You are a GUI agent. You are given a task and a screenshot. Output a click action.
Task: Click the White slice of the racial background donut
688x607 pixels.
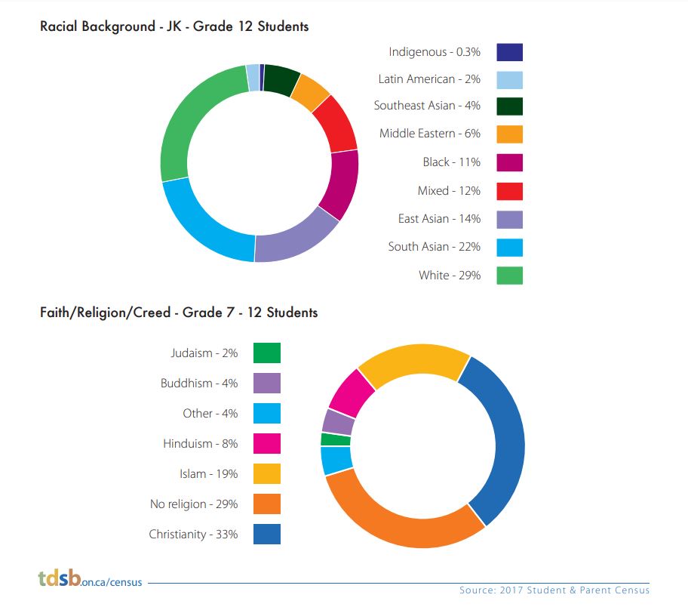pyautogui.click(x=184, y=119)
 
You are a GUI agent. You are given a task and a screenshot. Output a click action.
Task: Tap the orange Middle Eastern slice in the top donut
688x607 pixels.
pyautogui.click(x=310, y=92)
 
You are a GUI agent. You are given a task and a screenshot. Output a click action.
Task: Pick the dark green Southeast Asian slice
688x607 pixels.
pyautogui.click(x=281, y=79)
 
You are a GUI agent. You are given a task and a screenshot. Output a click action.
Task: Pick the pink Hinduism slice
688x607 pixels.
pyautogui.click(x=351, y=393)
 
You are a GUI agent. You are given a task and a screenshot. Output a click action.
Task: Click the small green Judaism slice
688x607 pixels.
pyautogui.click(x=336, y=439)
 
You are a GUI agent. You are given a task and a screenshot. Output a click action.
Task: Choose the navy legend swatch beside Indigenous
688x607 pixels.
pyautogui.click(x=509, y=52)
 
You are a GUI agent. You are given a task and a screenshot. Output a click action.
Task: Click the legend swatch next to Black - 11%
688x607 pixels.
pyautogui.click(x=509, y=162)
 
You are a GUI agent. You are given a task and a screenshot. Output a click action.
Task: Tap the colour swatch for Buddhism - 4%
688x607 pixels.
pyautogui.click(x=267, y=383)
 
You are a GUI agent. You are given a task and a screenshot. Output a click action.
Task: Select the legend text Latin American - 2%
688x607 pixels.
pyautogui.click(x=429, y=79)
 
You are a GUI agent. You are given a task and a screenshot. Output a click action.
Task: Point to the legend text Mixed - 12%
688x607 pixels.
pyautogui.click(x=449, y=190)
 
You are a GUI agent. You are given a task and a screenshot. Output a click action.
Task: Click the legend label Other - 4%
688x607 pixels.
pyautogui.click(x=210, y=413)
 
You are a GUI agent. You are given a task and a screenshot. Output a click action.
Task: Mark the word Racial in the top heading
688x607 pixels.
pyautogui.click(x=60, y=26)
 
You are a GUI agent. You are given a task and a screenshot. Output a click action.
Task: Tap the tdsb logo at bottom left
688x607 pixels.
pyautogui.click(x=60, y=578)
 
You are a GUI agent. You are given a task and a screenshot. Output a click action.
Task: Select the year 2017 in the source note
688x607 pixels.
pyautogui.click(x=511, y=590)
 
